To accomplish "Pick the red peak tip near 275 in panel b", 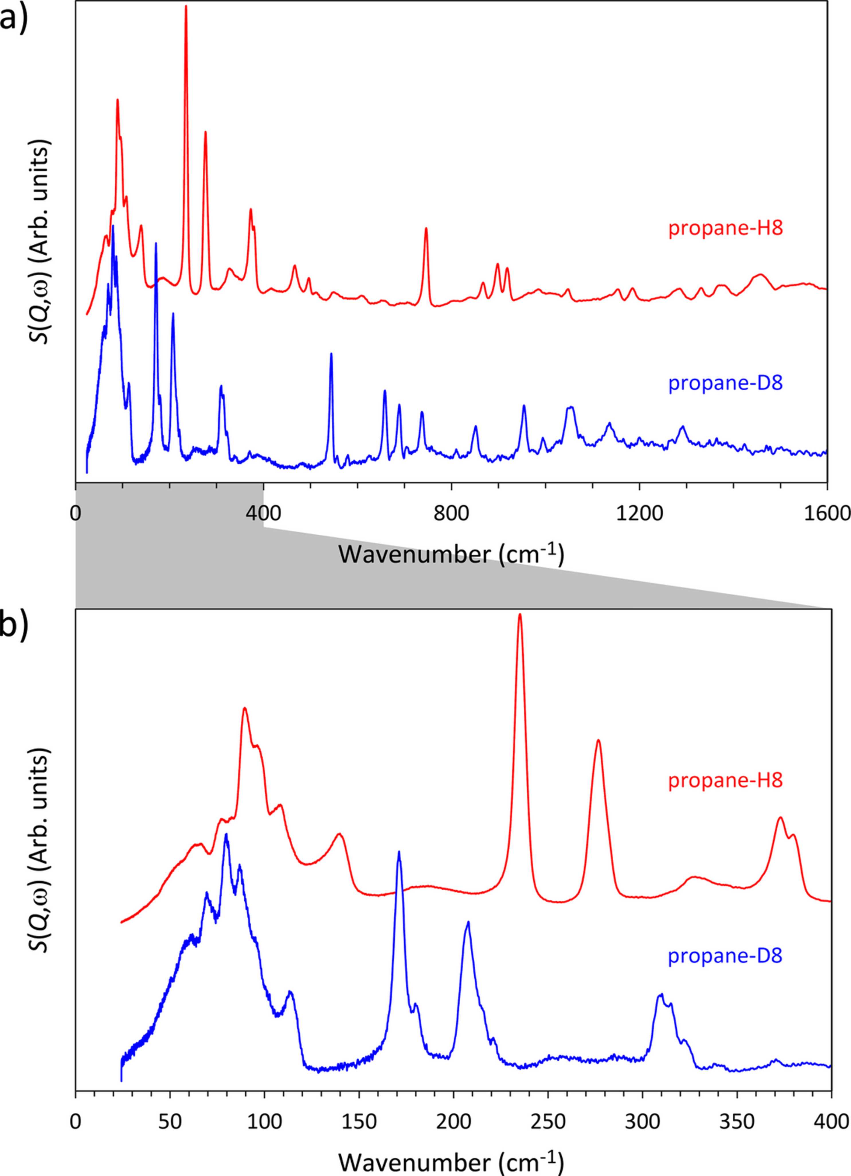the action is [x=598, y=740].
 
